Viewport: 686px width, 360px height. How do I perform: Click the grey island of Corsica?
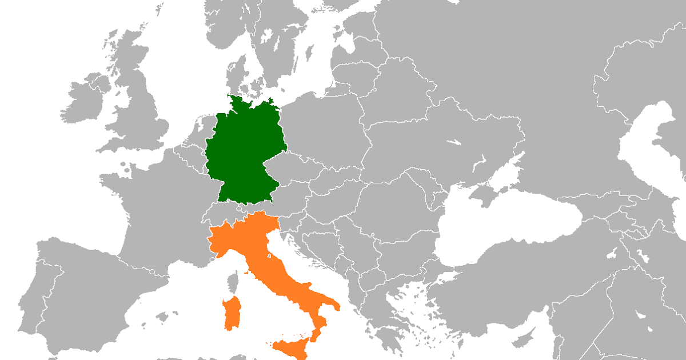233,283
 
